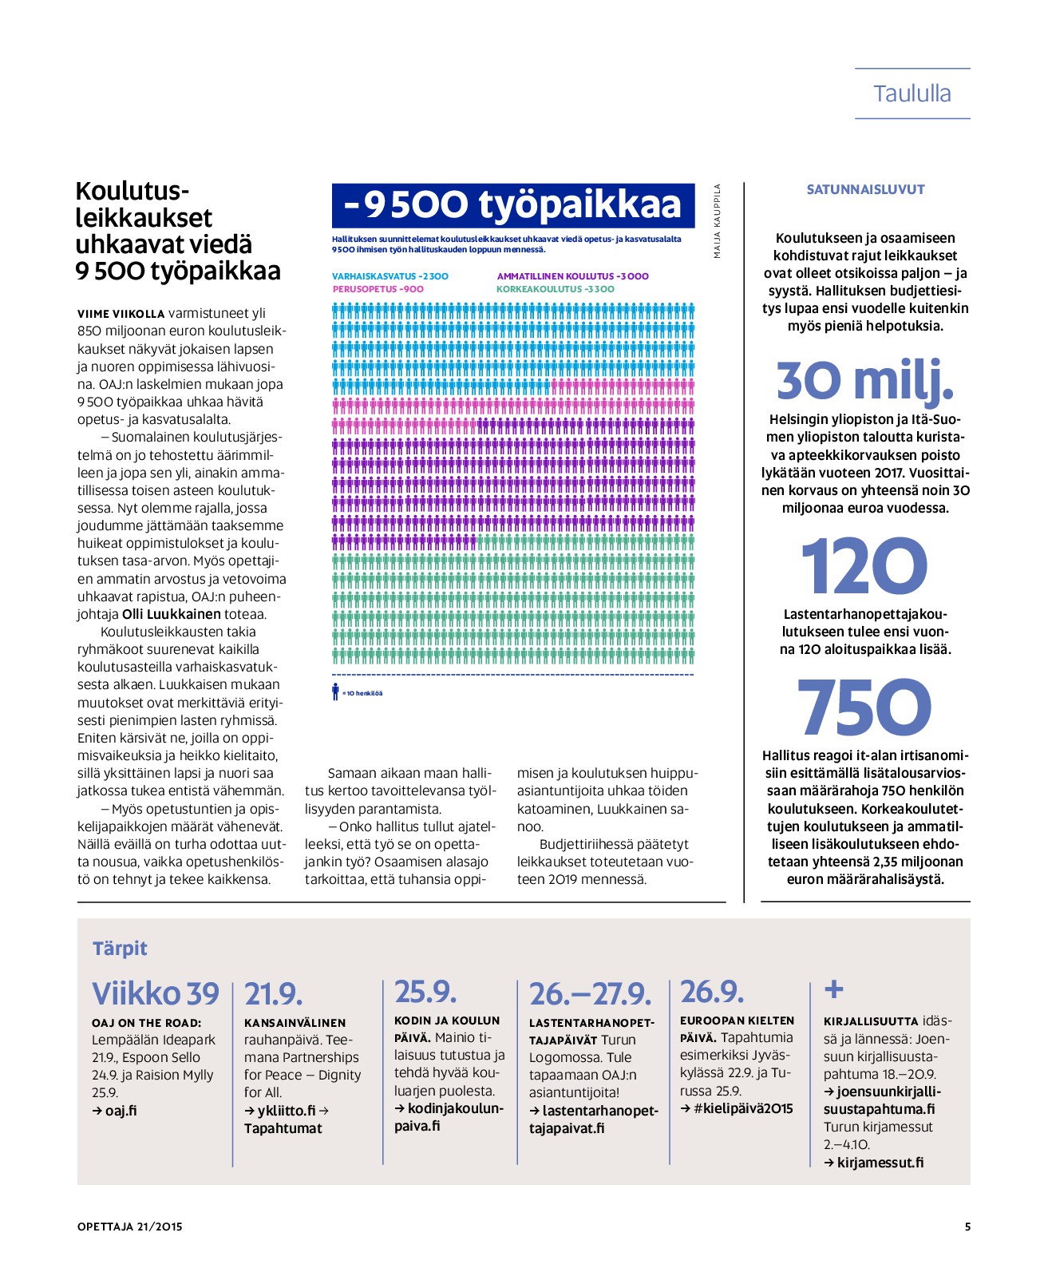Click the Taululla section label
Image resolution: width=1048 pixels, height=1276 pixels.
[912, 94]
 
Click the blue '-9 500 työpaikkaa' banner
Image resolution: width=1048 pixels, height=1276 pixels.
[512, 205]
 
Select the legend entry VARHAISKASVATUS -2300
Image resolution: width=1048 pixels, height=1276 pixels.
[390, 276]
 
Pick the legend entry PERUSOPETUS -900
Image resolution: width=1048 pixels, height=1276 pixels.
[378, 289]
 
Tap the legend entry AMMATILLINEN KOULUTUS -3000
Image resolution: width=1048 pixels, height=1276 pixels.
[572, 276]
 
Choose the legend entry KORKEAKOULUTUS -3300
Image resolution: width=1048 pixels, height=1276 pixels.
[556, 289]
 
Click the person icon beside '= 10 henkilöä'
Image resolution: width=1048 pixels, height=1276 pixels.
[336, 692]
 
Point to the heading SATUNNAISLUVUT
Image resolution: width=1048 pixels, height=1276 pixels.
[865, 190]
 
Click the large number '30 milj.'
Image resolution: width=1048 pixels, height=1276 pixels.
[864, 381]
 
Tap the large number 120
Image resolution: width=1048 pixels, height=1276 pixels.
[864, 567]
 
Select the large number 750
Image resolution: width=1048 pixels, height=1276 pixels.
[864, 707]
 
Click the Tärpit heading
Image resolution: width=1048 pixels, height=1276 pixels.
[120, 949]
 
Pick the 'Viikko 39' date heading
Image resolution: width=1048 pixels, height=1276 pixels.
[156, 994]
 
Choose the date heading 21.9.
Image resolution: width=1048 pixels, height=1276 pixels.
[274, 995]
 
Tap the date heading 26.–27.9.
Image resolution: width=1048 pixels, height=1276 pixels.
[590, 995]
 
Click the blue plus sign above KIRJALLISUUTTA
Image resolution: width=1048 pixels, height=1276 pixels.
[833, 989]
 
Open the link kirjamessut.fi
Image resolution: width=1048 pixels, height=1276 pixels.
[880, 1163]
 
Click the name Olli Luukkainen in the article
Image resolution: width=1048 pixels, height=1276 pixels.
[171, 614]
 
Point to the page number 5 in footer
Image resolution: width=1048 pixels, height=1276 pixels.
[967, 1226]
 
